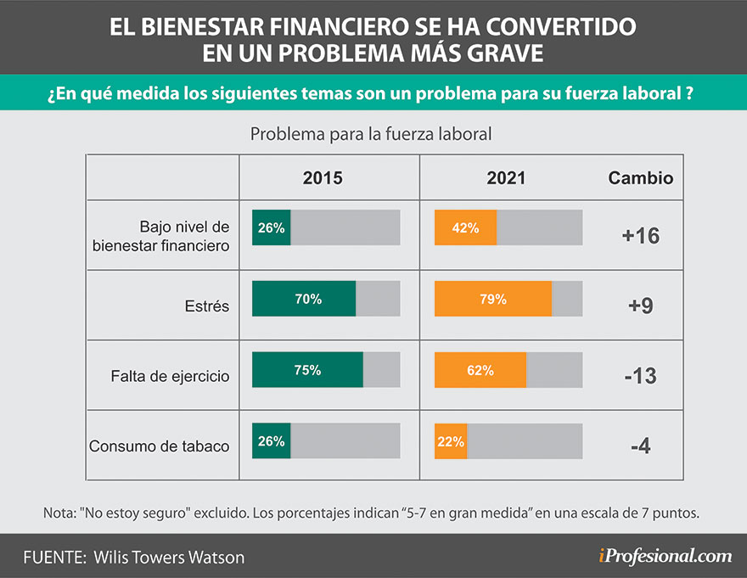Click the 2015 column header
pyautogui.click(x=323, y=178)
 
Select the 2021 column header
pyautogui.click(x=506, y=178)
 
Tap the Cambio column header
pyautogui.click(x=641, y=178)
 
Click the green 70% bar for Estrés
pyautogui.click(x=304, y=299)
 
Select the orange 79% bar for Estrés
pyautogui.click(x=492, y=299)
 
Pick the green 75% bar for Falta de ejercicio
pyautogui.click(x=307, y=370)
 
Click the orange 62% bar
pyautogui.click(x=480, y=370)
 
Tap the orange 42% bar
pyautogui.click(x=465, y=227)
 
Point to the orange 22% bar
pyautogui.click(x=450, y=441)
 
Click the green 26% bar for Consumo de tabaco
pyautogui.click(x=271, y=441)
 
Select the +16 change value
pyautogui.click(x=641, y=236)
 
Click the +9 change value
pyautogui.click(x=641, y=306)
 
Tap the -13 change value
pyautogui.click(x=641, y=375)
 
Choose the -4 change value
pyautogui.click(x=641, y=445)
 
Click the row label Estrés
pyautogui.click(x=206, y=306)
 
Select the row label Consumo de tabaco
pyautogui.click(x=160, y=446)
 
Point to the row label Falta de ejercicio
pyautogui.click(x=171, y=376)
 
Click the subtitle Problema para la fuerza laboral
pyautogui.click(x=371, y=134)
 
